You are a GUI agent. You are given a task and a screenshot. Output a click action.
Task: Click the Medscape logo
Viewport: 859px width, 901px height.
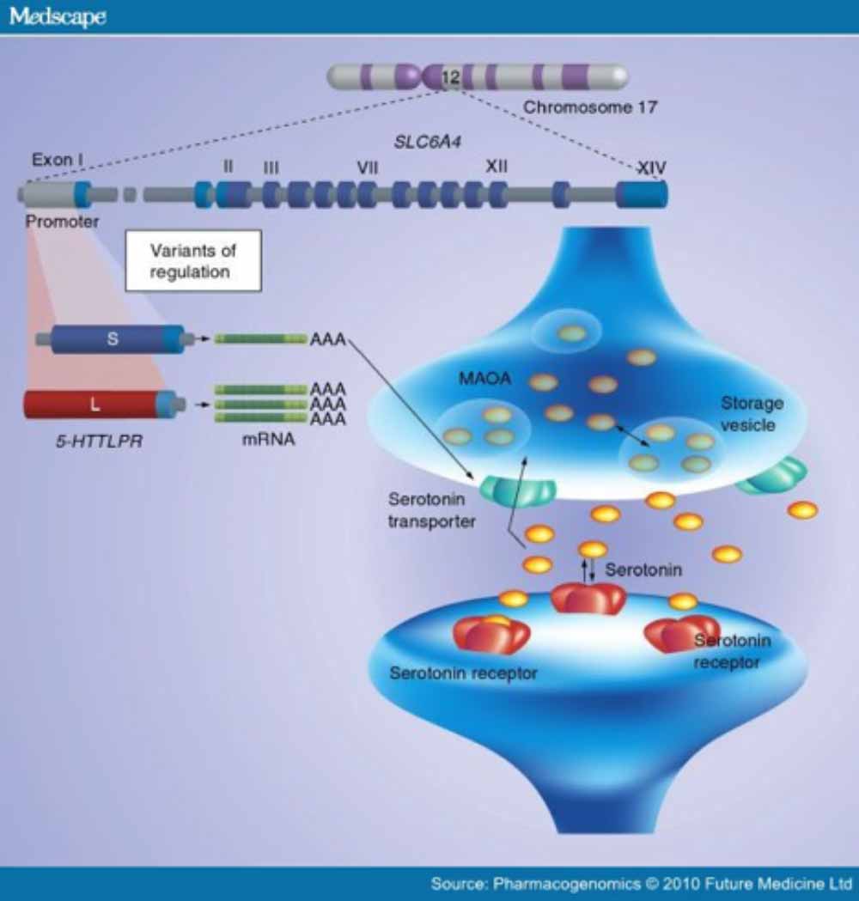pyautogui.click(x=58, y=17)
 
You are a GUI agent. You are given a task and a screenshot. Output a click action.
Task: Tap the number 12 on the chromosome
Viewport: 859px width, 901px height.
pyautogui.click(x=450, y=78)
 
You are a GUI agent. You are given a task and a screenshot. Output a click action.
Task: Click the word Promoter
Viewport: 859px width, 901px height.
pyautogui.click(x=62, y=222)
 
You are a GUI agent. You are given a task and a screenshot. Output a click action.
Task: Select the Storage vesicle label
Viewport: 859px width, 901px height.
pyautogui.click(x=752, y=414)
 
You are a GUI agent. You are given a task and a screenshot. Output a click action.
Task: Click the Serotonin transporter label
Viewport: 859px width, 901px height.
pyautogui.click(x=431, y=510)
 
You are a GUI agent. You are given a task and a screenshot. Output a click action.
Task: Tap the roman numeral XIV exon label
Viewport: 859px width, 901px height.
pyautogui.click(x=651, y=169)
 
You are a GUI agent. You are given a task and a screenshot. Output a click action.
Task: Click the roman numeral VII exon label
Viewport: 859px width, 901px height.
pyautogui.click(x=368, y=167)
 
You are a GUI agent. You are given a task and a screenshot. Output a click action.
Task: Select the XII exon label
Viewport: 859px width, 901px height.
pyautogui.click(x=497, y=166)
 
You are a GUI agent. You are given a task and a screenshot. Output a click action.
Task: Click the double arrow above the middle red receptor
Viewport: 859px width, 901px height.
pyautogui.click(x=588, y=571)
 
